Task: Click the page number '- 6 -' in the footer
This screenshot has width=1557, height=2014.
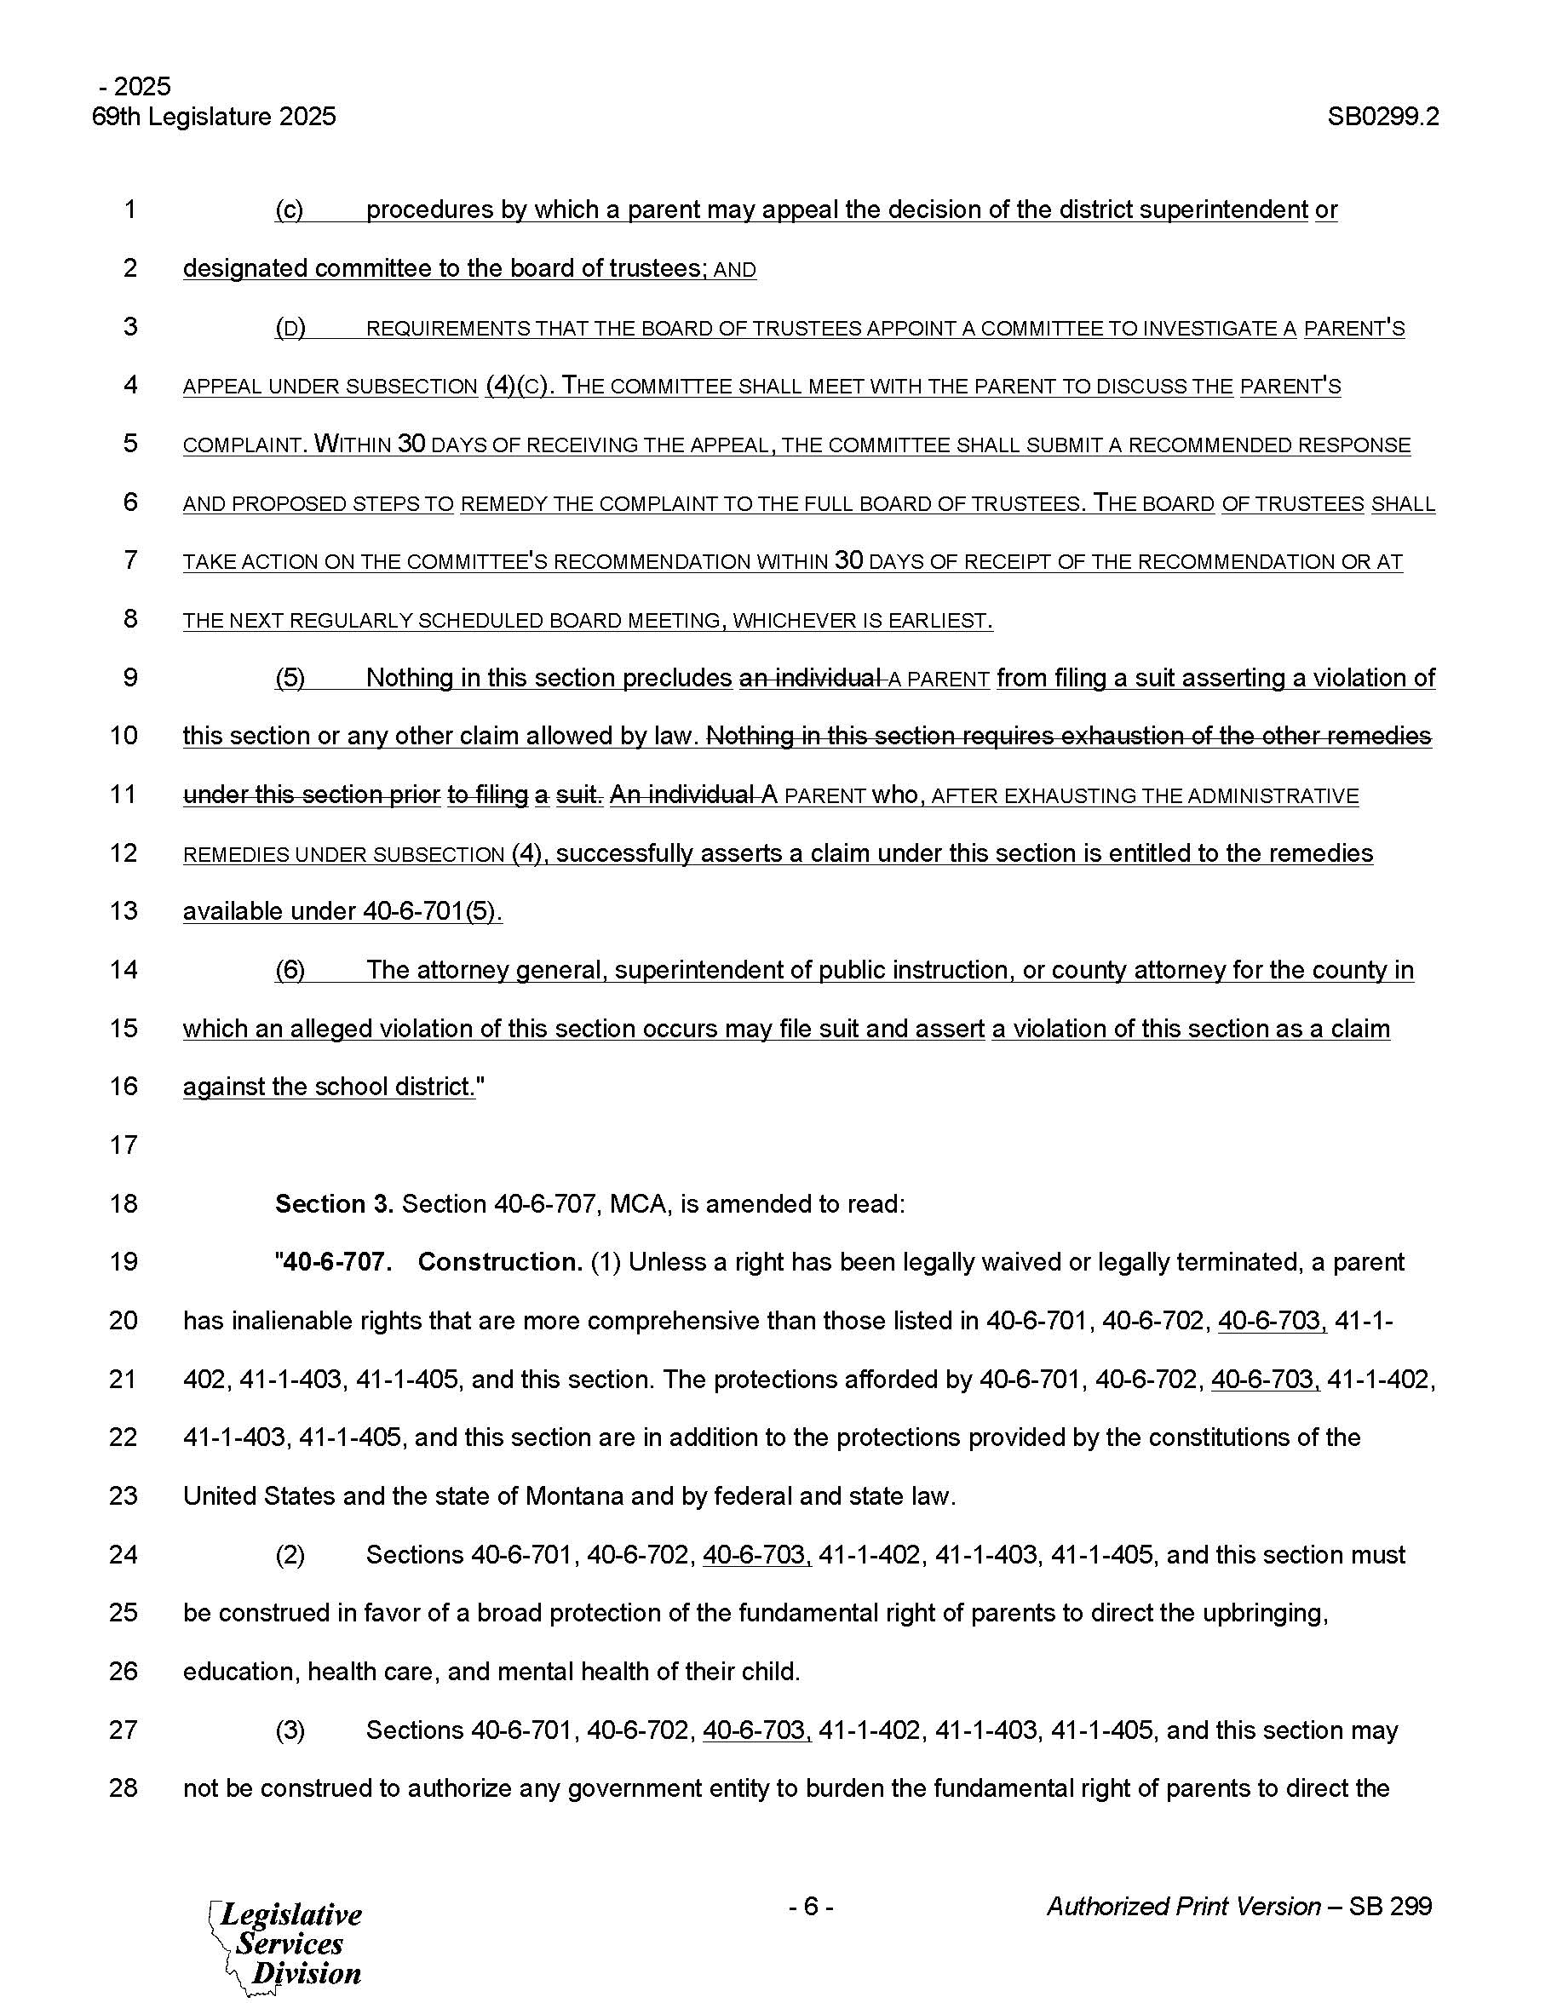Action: coord(811,1906)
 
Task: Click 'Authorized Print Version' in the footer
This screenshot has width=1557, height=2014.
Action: coord(1183,1906)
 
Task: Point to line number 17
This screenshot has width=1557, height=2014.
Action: coord(124,1145)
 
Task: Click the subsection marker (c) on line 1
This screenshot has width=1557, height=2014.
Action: coord(289,210)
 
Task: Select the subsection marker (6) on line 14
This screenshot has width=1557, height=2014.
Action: coord(290,970)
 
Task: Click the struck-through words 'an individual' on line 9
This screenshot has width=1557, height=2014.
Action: coord(809,679)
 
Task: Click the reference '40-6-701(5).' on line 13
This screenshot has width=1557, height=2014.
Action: coord(433,912)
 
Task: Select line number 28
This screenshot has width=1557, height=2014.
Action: coord(124,1788)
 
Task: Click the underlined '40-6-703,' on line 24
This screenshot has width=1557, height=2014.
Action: coord(756,1555)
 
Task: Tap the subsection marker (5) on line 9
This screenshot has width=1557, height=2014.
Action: coord(290,679)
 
